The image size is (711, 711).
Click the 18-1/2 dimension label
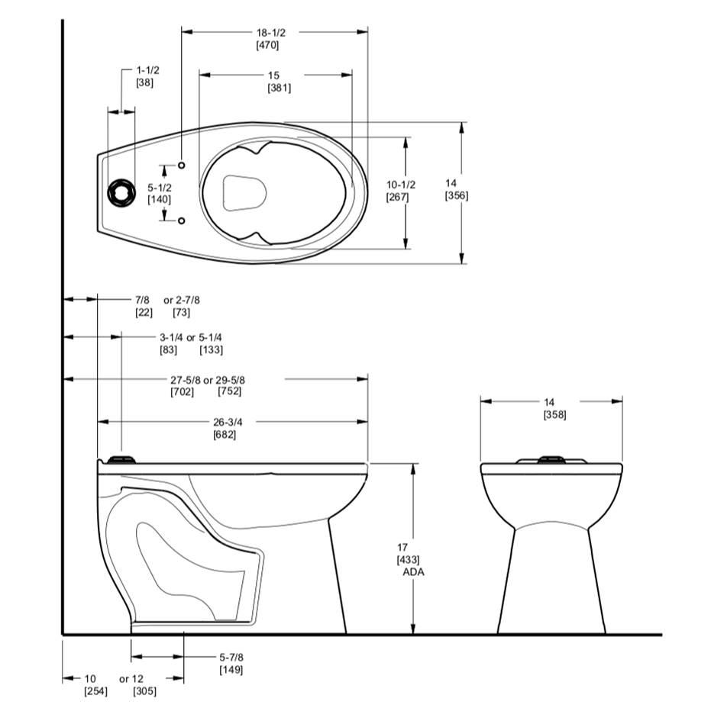click(x=270, y=33)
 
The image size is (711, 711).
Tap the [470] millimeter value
click(x=267, y=45)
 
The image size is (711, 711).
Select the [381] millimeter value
click(x=280, y=88)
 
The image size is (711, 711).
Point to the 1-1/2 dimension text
click(x=148, y=70)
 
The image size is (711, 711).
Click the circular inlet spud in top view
click(x=121, y=193)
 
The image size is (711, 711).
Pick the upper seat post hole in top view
click(x=182, y=166)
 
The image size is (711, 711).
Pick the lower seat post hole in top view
click(x=182, y=220)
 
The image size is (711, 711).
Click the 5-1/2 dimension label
click(x=160, y=187)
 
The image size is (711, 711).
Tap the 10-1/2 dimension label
click(x=400, y=185)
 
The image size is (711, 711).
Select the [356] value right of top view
click(x=456, y=196)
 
